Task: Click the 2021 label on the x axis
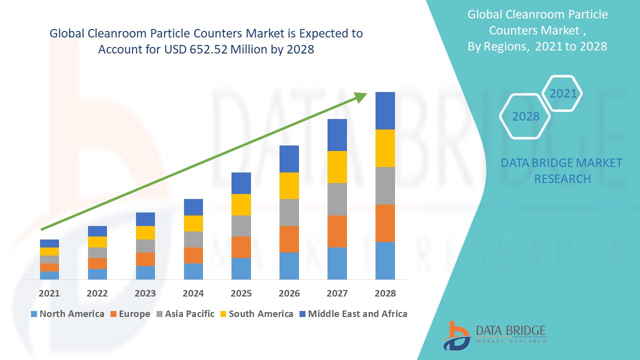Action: (x=49, y=293)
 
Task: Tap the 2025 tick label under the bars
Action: (x=241, y=293)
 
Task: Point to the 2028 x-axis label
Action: (x=385, y=293)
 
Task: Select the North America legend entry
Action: (x=67, y=314)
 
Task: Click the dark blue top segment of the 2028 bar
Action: (x=385, y=110)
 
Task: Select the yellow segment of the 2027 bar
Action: (x=337, y=167)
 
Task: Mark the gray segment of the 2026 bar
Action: (x=289, y=212)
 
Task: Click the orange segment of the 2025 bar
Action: (x=241, y=247)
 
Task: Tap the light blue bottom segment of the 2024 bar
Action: (x=193, y=271)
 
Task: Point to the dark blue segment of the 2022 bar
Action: (x=97, y=231)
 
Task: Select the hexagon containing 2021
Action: (x=562, y=93)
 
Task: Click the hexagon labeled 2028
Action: (x=525, y=116)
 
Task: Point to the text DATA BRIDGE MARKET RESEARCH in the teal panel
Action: (x=561, y=170)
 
